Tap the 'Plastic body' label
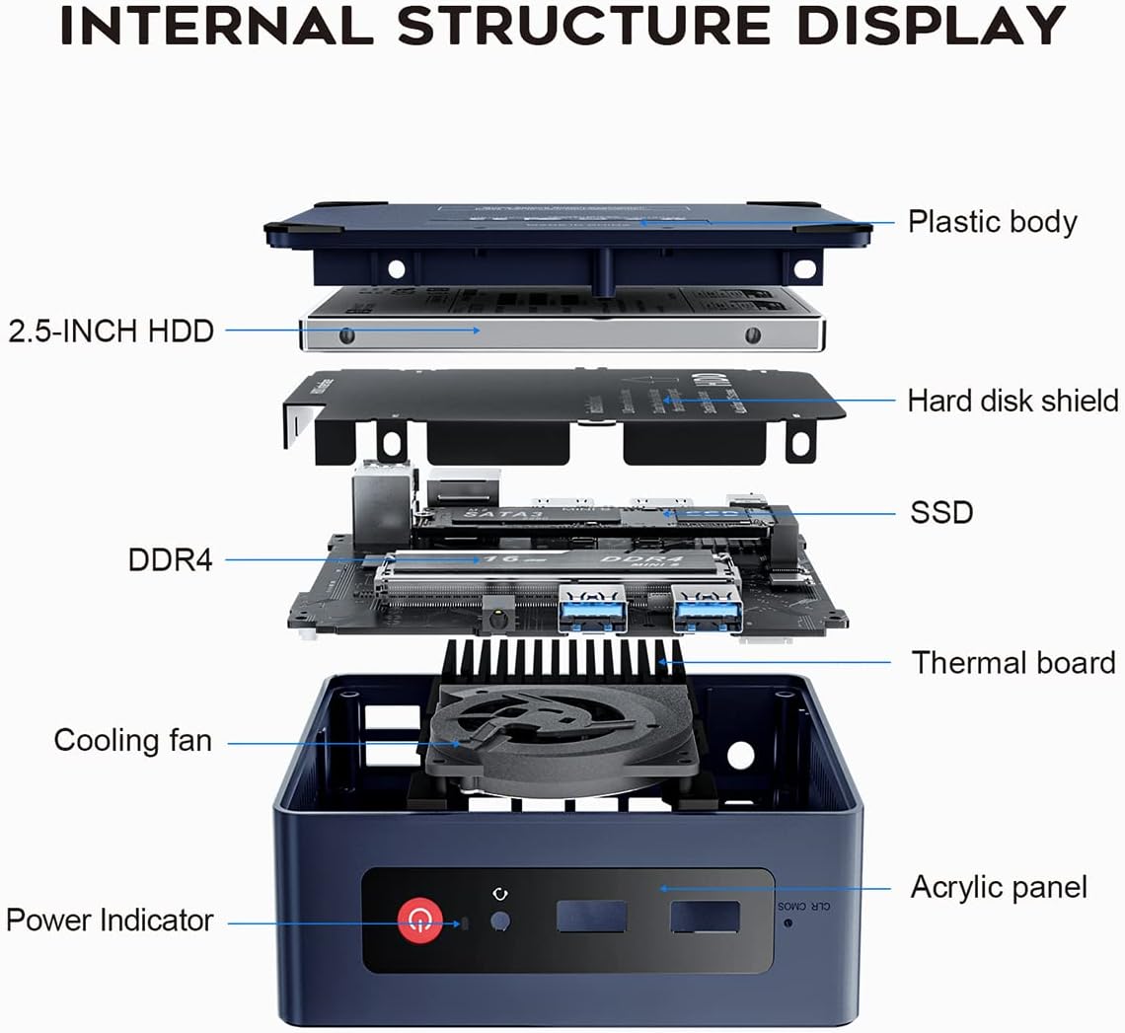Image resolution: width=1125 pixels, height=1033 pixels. point(992,221)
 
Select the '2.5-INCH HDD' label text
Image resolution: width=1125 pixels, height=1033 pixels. point(111,330)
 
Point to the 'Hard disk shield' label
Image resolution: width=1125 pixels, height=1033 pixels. point(1012,400)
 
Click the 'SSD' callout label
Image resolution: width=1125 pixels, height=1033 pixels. point(941,512)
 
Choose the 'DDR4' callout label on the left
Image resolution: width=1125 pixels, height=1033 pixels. point(170,559)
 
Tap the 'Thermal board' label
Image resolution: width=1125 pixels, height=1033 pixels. point(1013,662)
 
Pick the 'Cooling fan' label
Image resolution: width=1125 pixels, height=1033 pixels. point(132,740)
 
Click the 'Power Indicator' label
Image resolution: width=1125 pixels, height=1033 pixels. point(110,920)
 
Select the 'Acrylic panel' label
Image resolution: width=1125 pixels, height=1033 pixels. point(998,886)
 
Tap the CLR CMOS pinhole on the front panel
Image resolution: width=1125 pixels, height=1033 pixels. point(787,923)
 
